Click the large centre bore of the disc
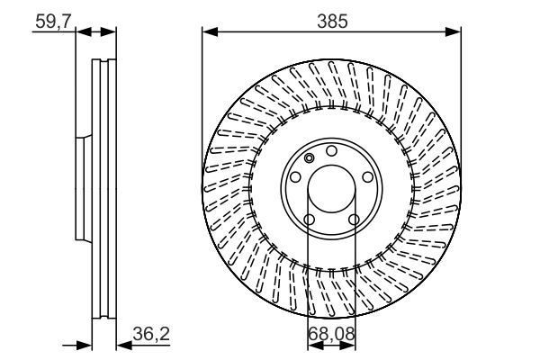pyautogui.click(x=331, y=189)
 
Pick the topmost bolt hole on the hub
pyautogui.click(x=331, y=150)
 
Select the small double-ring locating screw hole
pyautogui.click(x=310, y=159)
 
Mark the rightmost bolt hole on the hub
pyautogui.click(x=368, y=177)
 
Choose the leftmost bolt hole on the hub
pyautogui.click(x=294, y=177)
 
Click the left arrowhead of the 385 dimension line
pyautogui.click(x=208, y=31)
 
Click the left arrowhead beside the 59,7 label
pyautogui.click(x=82, y=31)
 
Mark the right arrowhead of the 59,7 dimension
pyautogui.click(x=111, y=31)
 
